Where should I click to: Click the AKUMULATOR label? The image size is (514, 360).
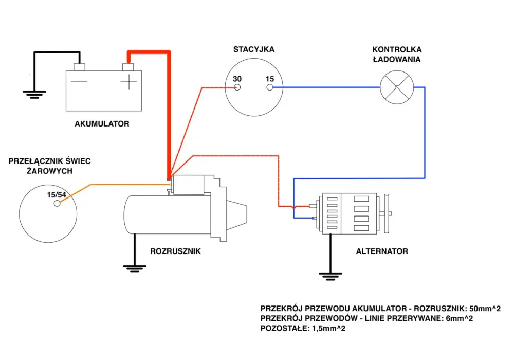102,123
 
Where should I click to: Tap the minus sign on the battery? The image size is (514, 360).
79,82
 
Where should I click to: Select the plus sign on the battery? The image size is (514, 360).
129,82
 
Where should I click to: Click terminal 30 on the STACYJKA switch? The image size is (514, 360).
237,87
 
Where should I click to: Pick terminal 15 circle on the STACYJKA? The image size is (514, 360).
270,87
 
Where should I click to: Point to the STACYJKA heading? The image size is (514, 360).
254,49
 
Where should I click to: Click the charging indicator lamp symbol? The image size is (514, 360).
397,87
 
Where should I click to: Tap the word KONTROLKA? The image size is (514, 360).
397,49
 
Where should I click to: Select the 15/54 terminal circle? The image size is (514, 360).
57,203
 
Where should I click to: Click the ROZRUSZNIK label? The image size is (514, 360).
175,251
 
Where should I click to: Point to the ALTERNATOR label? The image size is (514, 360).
382,251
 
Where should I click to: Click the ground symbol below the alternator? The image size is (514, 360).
331,276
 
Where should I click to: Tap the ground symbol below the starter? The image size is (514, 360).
134,269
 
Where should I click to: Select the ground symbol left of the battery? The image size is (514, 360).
34,95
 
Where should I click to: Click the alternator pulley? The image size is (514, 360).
387,214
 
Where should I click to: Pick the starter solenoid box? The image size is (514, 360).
188,185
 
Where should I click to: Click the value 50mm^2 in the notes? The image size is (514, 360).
485,309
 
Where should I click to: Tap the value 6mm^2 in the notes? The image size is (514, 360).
459,318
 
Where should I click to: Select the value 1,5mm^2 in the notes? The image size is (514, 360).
327,328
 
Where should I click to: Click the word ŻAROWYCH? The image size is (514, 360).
49,171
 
